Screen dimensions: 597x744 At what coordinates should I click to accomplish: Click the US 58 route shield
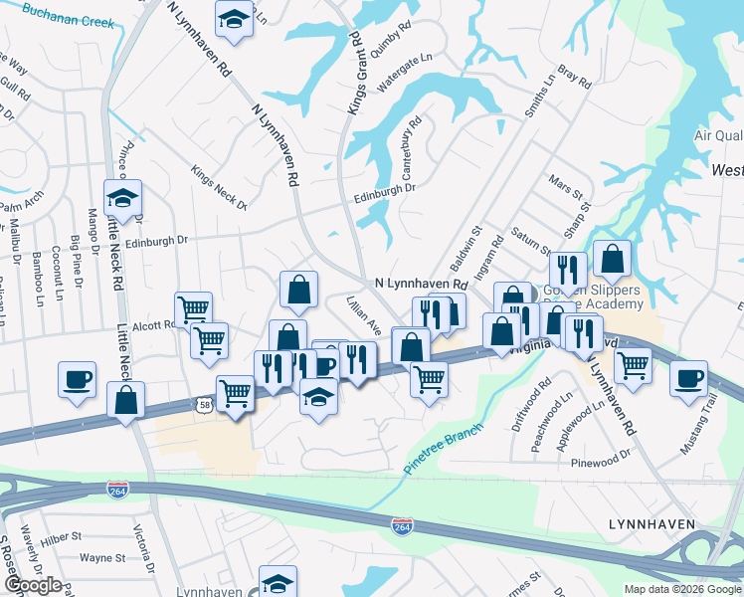(x=205, y=405)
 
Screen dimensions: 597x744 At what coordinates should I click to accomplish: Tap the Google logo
(x=33, y=585)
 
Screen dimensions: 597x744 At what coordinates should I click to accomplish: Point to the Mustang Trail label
(x=710, y=425)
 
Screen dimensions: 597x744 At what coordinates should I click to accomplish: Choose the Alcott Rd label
(x=153, y=324)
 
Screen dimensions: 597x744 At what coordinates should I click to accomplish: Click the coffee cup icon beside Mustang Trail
(x=688, y=379)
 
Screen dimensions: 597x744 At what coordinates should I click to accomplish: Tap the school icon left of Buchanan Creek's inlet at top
(x=234, y=19)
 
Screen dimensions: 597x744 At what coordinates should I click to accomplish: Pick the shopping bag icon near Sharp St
(x=613, y=259)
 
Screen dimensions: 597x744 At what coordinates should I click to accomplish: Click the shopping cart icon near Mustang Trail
(x=633, y=365)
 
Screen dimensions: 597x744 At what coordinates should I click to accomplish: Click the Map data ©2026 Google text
(x=681, y=589)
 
